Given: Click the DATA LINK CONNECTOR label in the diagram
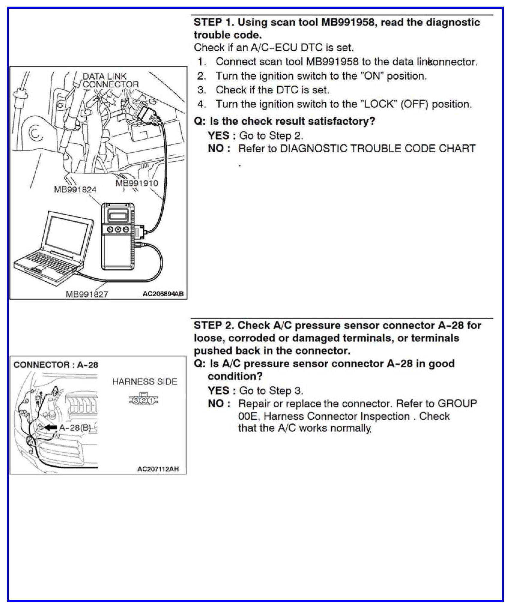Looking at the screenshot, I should tap(110, 80).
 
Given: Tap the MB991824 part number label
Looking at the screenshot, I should tap(75, 189).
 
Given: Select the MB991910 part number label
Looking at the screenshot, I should tap(137, 183).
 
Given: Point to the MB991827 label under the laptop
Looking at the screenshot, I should tap(87, 294).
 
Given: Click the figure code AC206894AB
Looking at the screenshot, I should tap(163, 294).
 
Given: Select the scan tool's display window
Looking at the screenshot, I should tap(118, 215).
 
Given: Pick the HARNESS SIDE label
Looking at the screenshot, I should tap(144, 382).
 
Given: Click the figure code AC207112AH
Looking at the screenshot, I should tap(158, 469).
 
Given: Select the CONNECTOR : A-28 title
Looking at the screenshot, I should tap(56, 365).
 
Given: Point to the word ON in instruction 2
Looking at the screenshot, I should tap(372, 76).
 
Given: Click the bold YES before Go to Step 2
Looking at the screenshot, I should tap(219, 136).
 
